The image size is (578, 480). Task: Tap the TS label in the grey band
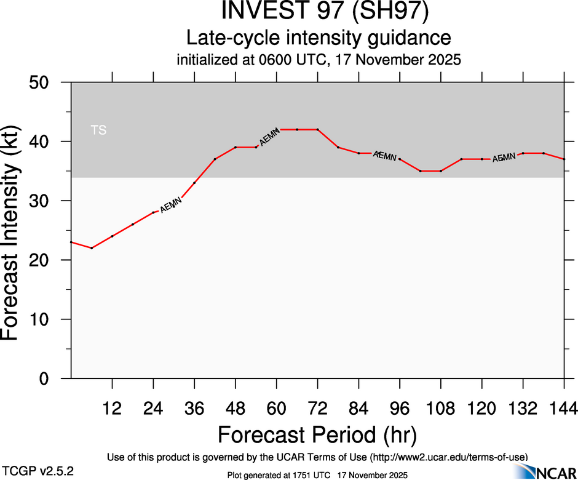(98, 130)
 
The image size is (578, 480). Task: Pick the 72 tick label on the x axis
(317, 407)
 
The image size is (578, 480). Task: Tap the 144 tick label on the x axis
(564, 407)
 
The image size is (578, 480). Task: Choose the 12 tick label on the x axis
(112, 407)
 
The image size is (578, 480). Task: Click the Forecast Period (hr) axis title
(317, 434)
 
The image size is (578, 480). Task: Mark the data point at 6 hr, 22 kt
(92, 248)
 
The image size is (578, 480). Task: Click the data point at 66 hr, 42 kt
(297, 129)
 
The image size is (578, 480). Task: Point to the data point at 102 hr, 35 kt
(421, 171)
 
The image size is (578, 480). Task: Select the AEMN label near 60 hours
(270, 137)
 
